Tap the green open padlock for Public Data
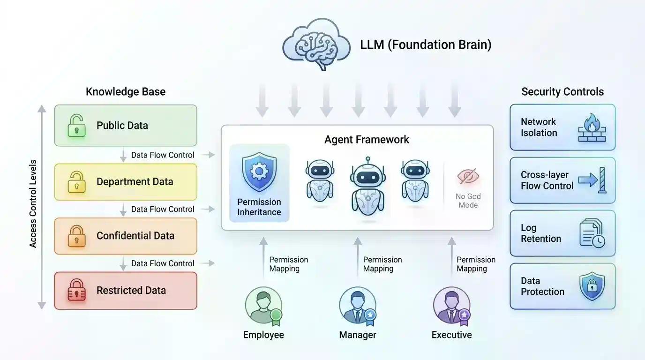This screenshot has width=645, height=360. (76, 126)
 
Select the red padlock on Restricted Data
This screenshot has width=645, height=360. (76, 290)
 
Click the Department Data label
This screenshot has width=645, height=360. (135, 182)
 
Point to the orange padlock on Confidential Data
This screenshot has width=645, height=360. (76, 236)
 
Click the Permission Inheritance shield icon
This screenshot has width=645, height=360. (259, 172)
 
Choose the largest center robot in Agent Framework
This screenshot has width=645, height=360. (367, 187)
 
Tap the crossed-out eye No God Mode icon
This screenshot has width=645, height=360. (468, 177)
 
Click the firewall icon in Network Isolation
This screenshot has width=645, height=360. (592, 127)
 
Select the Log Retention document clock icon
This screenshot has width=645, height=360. (592, 233)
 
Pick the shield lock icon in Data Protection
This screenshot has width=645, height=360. (592, 286)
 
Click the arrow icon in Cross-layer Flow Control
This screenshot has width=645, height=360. (592, 180)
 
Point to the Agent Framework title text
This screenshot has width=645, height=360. (367, 140)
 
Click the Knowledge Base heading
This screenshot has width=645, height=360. (126, 91)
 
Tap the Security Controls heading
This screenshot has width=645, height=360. (562, 91)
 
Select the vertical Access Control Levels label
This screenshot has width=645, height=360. (33, 204)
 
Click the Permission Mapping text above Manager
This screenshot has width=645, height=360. (382, 264)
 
